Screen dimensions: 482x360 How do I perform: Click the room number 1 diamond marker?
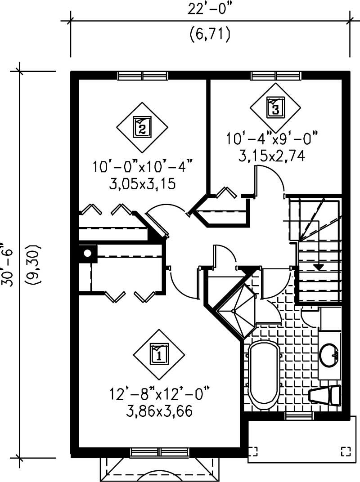tap(159, 355)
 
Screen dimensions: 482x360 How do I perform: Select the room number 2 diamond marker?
tap(142, 127)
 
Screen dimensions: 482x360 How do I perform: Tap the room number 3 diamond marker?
tap(275, 107)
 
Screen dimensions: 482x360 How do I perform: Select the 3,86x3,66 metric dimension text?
tap(160, 411)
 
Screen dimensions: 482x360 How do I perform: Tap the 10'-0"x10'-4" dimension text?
tap(143, 168)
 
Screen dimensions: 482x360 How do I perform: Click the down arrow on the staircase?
tap(319, 267)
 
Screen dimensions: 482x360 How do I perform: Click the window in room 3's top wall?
tap(275, 76)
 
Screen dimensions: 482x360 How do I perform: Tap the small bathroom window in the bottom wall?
tap(299, 415)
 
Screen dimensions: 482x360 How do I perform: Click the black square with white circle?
tap(88, 253)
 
